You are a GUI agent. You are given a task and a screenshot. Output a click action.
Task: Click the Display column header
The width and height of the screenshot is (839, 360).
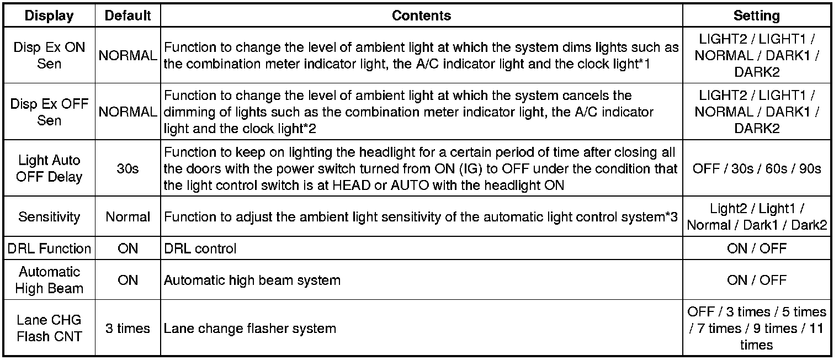coord(49,15)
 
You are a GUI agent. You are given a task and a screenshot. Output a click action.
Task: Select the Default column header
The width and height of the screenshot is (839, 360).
coord(128,15)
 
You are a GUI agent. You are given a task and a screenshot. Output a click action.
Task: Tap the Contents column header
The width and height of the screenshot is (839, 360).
coord(421,15)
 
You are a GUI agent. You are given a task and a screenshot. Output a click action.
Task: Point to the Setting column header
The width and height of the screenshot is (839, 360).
coord(756,15)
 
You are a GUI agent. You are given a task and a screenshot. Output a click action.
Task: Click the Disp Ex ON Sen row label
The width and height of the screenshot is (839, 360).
coord(49,55)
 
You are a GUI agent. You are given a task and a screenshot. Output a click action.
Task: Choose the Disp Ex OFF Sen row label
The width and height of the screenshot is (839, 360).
coord(49,112)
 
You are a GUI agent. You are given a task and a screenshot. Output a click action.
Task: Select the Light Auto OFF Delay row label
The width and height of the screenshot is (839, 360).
coord(49,169)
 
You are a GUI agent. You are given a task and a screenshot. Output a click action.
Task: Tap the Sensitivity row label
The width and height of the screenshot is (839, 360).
coord(49,217)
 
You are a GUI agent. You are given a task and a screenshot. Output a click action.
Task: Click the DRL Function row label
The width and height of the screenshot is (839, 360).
coord(49,248)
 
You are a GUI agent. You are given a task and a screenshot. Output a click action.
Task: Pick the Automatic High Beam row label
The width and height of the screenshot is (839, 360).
coord(49,280)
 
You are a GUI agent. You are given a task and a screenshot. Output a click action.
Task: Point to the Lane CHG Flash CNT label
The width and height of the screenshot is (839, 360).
coord(49,328)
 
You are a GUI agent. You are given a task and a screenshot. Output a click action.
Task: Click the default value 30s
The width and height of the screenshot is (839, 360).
coord(128,169)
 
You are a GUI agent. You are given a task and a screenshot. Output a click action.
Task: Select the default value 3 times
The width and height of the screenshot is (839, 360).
coord(128,329)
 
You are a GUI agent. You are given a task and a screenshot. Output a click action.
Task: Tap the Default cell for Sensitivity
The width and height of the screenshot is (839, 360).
coord(128,217)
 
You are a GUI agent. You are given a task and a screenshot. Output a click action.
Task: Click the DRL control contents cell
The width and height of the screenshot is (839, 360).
coord(200,248)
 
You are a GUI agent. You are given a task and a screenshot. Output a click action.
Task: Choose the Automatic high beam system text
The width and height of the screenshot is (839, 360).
coord(252,280)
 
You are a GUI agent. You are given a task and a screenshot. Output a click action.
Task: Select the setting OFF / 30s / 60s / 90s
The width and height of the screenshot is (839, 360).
coord(756,169)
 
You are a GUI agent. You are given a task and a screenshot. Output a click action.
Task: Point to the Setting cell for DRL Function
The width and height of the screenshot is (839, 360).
coord(756,248)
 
